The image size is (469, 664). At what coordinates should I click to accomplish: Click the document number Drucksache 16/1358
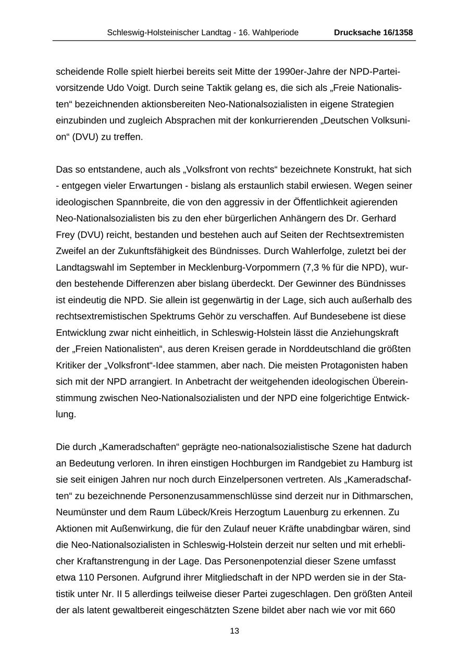point(373,32)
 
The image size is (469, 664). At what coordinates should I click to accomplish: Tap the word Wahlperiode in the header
point(276,32)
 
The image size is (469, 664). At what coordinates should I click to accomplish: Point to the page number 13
point(234,631)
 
